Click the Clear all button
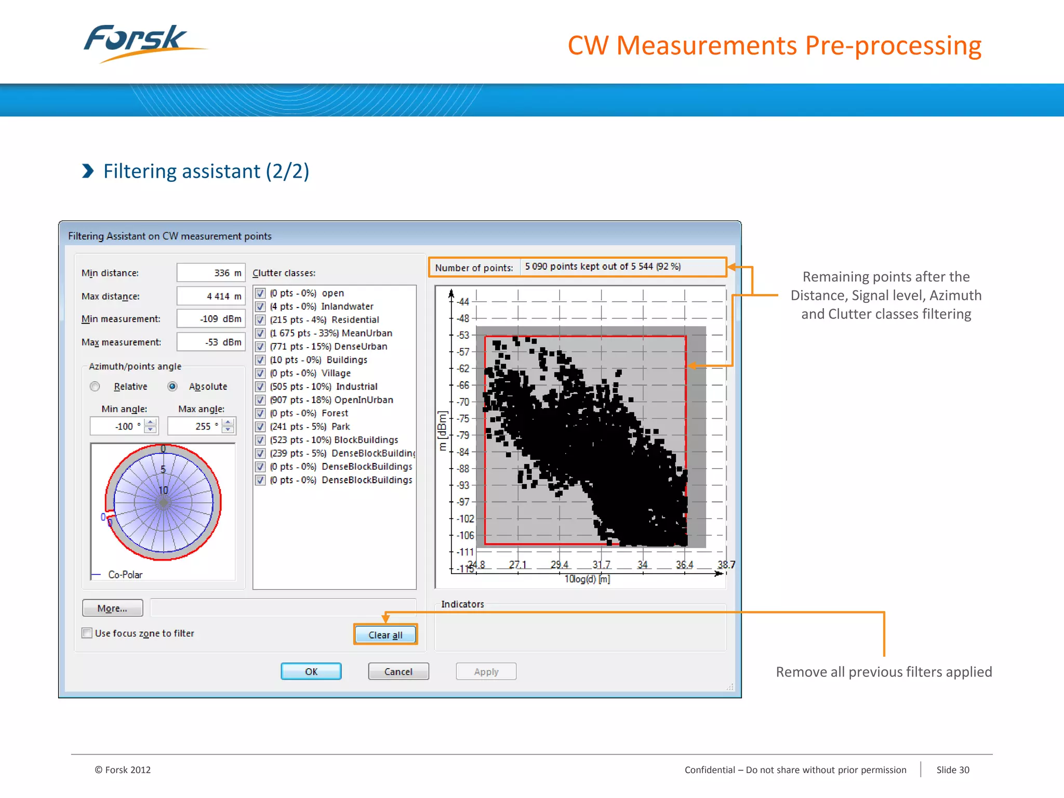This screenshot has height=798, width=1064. [x=385, y=635]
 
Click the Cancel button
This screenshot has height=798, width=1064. [x=398, y=672]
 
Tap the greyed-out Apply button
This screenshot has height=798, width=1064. [x=486, y=672]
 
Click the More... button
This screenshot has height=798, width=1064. [x=112, y=608]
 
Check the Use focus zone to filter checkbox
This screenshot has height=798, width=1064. [x=87, y=633]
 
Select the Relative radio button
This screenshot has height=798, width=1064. [x=95, y=387]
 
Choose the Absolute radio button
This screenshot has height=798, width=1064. [x=172, y=387]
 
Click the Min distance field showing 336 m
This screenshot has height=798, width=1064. [x=210, y=273]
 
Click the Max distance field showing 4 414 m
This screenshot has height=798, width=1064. [x=210, y=296]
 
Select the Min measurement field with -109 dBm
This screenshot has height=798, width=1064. [x=210, y=319]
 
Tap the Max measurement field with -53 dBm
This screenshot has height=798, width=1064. [x=210, y=342]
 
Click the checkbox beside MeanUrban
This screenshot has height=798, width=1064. [x=261, y=333]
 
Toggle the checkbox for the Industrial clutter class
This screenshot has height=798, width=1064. [x=261, y=387]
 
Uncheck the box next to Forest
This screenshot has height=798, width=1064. [x=261, y=414]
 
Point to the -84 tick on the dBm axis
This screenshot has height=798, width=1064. [x=462, y=452]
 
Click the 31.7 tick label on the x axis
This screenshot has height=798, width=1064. [x=601, y=565]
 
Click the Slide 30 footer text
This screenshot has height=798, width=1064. [x=952, y=770]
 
